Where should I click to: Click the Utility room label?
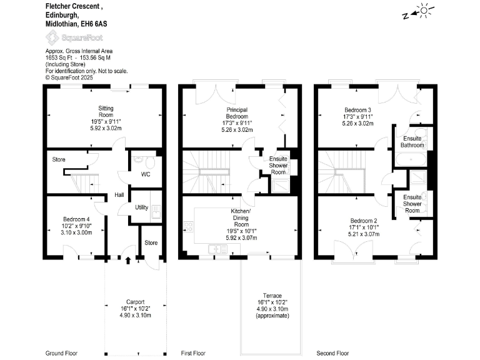[x=141, y=207]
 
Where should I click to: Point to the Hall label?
[x=119, y=195]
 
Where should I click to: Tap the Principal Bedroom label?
[x=237, y=112]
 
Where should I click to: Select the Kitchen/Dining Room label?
[x=241, y=219]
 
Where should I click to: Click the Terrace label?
[x=272, y=296]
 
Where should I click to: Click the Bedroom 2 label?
[x=363, y=221]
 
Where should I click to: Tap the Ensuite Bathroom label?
[x=412, y=141]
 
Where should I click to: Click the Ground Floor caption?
[x=62, y=353]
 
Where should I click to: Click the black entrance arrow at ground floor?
[x=128, y=260]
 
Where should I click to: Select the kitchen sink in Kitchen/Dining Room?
[x=217, y=249]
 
